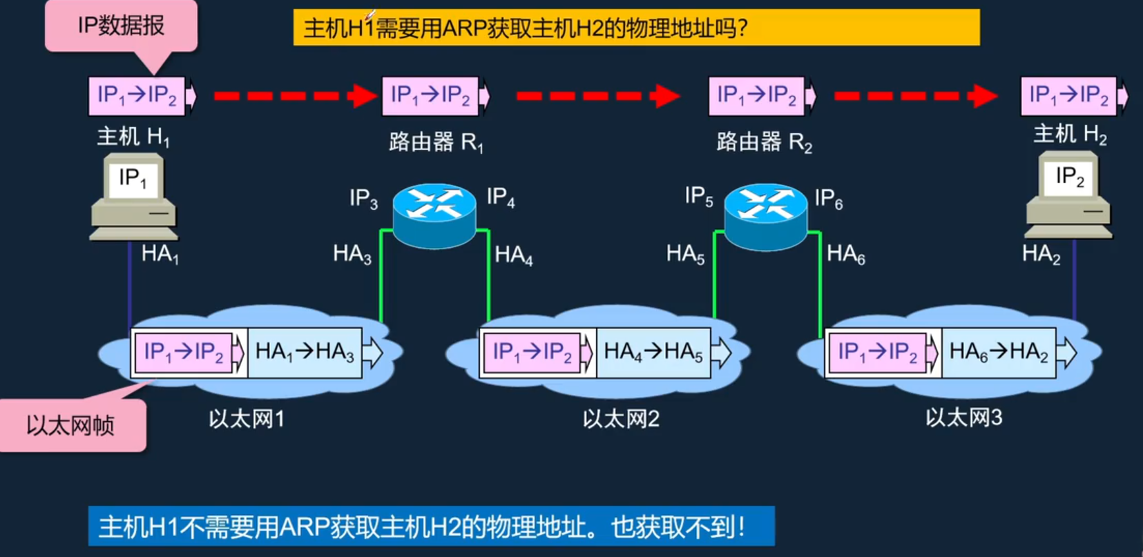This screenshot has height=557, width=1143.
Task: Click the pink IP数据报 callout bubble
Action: tap(121, 26)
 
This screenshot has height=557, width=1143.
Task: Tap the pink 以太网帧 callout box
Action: tap(72, 424)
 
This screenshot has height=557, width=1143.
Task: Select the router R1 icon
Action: tap(434, 215)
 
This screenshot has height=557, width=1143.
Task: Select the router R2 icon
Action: tap(766, 215)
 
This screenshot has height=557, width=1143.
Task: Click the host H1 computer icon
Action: tap(134, 197)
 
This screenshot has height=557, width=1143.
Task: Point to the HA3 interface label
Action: tap(352, 254)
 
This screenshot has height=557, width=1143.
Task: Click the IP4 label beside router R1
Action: tap(501, 197)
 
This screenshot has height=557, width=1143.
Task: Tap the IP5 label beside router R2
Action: tap(699, 197)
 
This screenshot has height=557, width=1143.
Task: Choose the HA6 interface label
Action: tap(846, 254)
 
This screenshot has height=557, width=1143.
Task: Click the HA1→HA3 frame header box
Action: tap(305, 353)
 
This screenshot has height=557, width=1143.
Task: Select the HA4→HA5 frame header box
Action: tap(653, 353)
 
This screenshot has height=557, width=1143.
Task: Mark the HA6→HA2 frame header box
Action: tap(999, 353)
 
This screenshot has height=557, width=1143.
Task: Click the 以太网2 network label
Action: tap(621, 418)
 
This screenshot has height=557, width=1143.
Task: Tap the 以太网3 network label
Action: tap(964, 418)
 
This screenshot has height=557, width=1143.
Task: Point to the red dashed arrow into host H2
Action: tap(915, 96)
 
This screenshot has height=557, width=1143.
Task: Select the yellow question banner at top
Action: tap(636, 28)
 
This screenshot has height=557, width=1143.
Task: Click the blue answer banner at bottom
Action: tap(431, 527)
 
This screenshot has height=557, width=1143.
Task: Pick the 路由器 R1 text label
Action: tap(436, 142)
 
